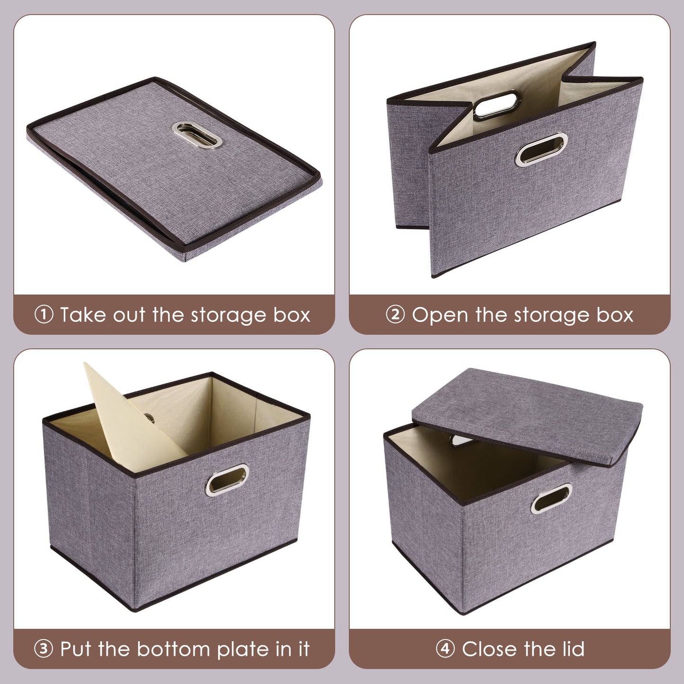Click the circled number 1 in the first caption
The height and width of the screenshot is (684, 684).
pos(44,315)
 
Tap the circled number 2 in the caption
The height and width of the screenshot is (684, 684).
pos(395,315)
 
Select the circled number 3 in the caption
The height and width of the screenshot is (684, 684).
pos(44,649)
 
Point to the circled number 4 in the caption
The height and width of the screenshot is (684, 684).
pos(445,649)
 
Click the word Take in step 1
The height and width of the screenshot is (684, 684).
pos(83,315)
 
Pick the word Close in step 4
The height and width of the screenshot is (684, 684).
pos(496,649)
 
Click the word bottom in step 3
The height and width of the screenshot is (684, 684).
pos(174,649)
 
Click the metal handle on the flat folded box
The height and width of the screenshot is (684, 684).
pos(196,135)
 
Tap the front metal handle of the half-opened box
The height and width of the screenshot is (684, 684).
pos(542,149)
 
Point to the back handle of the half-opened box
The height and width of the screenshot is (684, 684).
pos(497,104)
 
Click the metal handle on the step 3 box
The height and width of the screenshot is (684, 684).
pos(227,480)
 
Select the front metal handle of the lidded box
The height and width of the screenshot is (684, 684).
pos(551,498)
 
